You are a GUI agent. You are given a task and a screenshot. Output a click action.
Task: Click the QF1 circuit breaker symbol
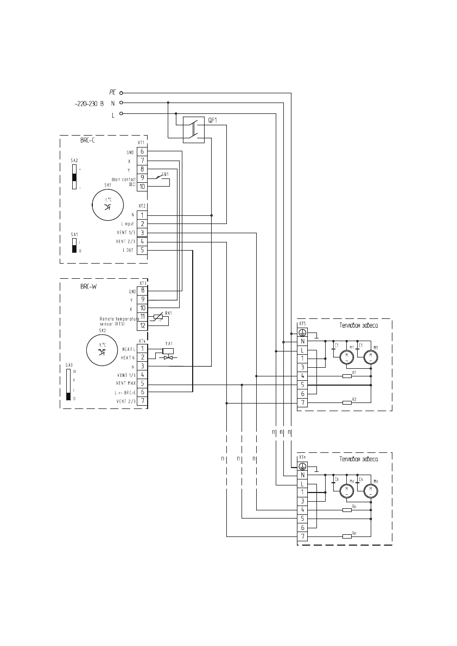tap(193, 130)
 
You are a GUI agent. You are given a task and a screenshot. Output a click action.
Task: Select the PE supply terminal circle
tap(122, 93)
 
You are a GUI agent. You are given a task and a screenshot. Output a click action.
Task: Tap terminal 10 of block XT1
tap(142, 187)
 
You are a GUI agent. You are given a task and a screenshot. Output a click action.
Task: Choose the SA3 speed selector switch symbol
tap(68, 384)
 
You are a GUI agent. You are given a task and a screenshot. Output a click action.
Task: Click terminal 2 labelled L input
tap(142, 223)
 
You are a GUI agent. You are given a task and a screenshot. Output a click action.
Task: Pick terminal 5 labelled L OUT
tap(142, 250)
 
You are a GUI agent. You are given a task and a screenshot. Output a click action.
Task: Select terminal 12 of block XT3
tap(142, 325)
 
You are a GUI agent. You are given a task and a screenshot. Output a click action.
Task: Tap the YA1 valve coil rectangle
tap(168, 350)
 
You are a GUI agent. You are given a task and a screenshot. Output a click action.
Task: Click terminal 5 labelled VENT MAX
tap(142, 383)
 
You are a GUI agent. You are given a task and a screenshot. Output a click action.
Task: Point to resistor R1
tap(347, 375)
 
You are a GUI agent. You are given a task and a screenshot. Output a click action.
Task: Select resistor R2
tap(347, 402)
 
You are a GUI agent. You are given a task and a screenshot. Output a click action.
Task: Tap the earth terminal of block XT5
tap(302, 332)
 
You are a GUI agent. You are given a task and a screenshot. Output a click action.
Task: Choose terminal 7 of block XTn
tap(302, 536)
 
